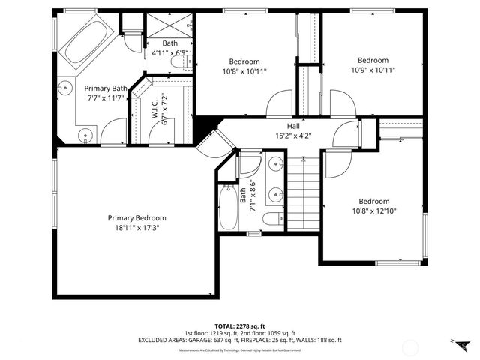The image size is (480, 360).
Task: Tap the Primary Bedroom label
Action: click(140, 217)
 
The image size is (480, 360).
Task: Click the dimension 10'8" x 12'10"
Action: click(373, 211)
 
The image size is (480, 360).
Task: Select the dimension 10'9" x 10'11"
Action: click(373, 70)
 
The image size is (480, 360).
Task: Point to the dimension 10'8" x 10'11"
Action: click(244, 71)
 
